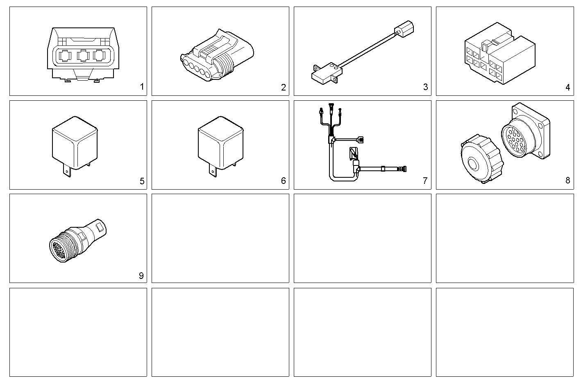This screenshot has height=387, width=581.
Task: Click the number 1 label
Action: click(x=142, y=87)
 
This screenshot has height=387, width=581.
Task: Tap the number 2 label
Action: click(x=284, y=87)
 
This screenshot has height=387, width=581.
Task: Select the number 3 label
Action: click(x=425, y=87)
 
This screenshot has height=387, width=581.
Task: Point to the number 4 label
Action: click(x=567, y=87)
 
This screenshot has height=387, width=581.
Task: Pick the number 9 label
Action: click(x=141, y=276)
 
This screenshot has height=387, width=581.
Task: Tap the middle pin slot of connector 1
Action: click(x=83, y=55)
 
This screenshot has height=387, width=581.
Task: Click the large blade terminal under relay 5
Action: click(x=67, y=171)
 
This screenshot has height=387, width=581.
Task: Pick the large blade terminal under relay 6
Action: click(x=212, y=171)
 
